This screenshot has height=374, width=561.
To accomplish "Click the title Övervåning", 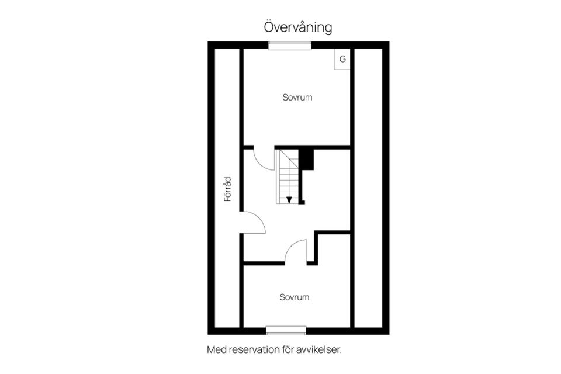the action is click(x=298, y=27).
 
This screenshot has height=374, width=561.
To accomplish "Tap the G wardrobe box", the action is click(x=342, y=59).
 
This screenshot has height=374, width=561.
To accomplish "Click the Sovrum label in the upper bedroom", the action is click(x=297, y=98).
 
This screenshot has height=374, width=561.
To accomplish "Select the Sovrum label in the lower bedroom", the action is click(x=295, y=297).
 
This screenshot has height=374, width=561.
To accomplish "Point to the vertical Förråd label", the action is click(x=227, y=189).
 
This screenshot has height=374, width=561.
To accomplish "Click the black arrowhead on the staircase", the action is click(x=289, y=200).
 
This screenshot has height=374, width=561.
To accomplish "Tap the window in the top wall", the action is click(x=290, y=46).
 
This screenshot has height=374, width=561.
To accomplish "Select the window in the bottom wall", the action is click(x=286, y=330).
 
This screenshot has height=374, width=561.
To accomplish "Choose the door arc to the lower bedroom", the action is click(x=292, y=245).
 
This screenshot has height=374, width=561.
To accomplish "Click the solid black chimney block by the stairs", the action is click(x=307, y=160).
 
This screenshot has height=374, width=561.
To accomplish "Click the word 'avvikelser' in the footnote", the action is click(x=318, y=349).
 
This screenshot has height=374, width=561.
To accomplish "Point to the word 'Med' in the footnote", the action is click(x=217, y=349).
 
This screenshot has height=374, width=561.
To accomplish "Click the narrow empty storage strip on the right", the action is click(x=369, y=188).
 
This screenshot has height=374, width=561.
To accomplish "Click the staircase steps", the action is click(x=288, y=176).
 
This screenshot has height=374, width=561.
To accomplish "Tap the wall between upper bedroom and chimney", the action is click(x=312, y=147).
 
